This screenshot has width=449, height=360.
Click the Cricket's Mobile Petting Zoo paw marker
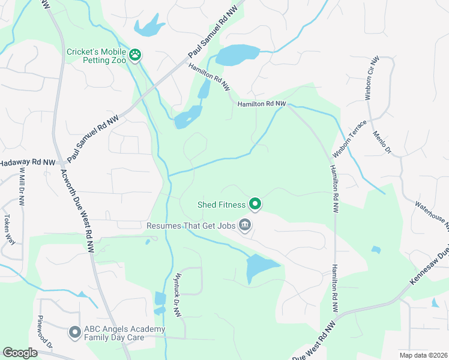tap(136, 56)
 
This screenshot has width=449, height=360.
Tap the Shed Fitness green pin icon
tap(255, 205)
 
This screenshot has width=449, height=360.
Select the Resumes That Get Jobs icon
tap(246, 226)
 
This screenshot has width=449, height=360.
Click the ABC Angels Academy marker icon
tap(75, 331)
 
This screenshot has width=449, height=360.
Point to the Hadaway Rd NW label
tap(27, 163)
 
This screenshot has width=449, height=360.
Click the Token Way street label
tap(8, 229)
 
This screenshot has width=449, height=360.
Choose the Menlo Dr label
tap(382, 143)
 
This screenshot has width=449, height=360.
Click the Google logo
tap(20, 353)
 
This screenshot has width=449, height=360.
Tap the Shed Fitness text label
tap(221, 205)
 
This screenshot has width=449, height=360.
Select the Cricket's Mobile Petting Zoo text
tap(97, 56)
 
